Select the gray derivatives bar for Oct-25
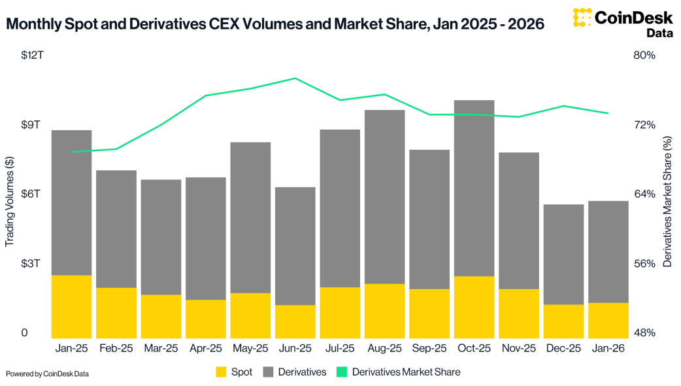click(x=474, y=188)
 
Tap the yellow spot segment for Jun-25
click(x=295, y=321)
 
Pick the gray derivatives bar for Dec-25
click(x=563, y=254)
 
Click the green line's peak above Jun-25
click(x=295, y=78)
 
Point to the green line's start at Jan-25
click(x=72, y=152)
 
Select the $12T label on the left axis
click(x=32, y=55)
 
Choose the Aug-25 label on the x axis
click(x=384, y=349)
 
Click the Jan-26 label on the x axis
click(x=608, y=349)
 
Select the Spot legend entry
click(x=233, y=372)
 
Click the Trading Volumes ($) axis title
click(x=10, y=202)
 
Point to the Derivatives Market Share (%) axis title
click(x=667, y=202)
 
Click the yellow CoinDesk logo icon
click(x=586, y=18)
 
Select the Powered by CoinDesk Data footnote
click(x=47, y=374)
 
